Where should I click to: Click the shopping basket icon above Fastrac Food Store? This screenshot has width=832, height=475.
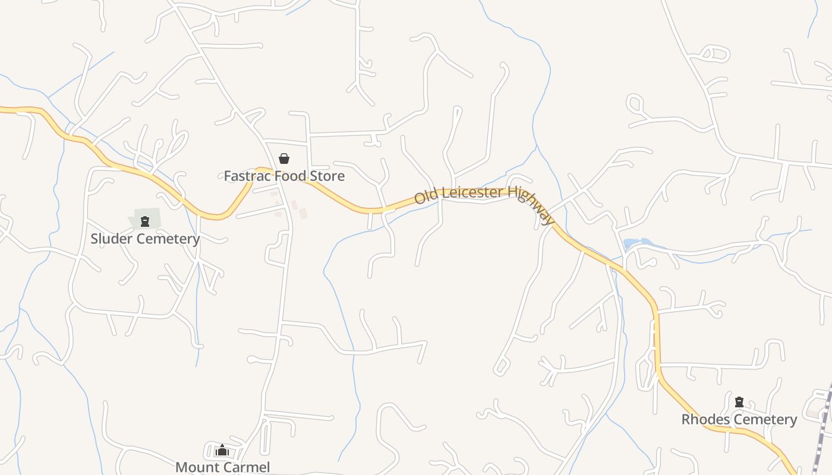(x=284, y=159)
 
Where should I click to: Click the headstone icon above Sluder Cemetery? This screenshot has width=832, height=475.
(x=144, y=222)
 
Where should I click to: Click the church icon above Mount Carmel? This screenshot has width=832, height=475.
(x=222, y=451)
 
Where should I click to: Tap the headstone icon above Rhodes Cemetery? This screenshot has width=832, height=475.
(x=739, y=403)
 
